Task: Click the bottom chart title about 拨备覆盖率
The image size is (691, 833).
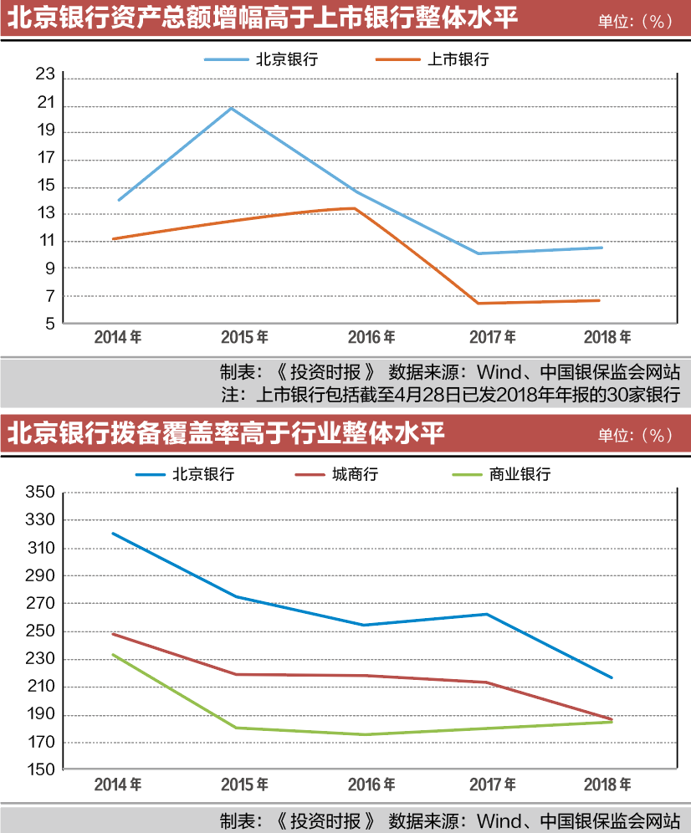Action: click(226, 434)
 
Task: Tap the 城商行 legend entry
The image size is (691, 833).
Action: click(355, 474)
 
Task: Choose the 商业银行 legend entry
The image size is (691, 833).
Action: click(520, 474)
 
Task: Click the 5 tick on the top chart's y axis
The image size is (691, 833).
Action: click(49, 324)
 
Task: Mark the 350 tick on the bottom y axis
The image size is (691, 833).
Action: click(41, 493)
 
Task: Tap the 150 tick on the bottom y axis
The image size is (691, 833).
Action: click(41, 770)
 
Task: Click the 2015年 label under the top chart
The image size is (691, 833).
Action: click(245, 337)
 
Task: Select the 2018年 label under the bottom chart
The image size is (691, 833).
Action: click(608, 785)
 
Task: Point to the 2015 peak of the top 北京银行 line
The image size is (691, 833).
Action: click(232, 108)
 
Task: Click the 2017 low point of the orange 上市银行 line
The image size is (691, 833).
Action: click(479, 303)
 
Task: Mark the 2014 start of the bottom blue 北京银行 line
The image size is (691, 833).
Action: click(113, 534)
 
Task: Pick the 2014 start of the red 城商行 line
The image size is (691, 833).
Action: click(113, 634)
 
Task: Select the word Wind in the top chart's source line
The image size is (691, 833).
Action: click(498, 371)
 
